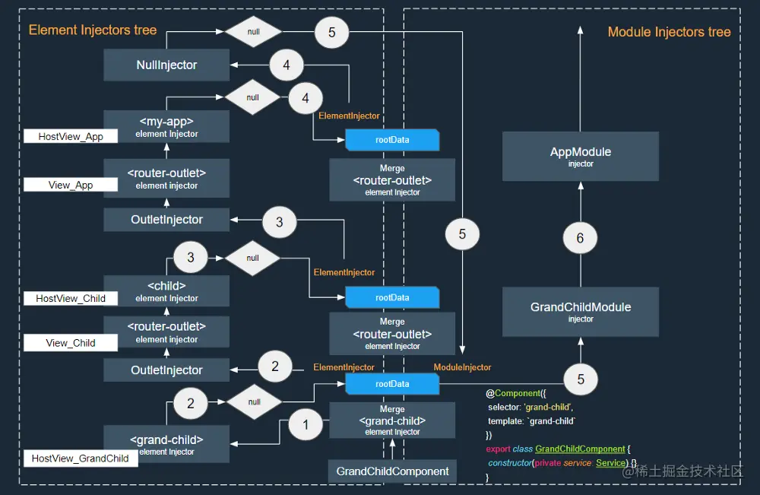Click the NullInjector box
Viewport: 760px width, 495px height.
point(166,65)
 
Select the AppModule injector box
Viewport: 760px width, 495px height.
point(581,156)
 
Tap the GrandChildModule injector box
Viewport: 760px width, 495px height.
point(581,311)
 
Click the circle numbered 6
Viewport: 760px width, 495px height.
point(581,238)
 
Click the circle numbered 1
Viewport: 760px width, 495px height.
point(306,425)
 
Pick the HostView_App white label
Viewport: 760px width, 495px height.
point(71,137)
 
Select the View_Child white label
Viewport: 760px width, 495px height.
point(71,343)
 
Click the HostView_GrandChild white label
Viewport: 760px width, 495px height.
point(80,459)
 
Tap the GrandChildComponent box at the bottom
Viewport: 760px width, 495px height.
point(393,471)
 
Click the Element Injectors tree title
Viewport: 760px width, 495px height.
point(93,30)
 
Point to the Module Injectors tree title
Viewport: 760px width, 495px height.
point(669,32)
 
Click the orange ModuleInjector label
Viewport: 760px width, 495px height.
point(462,367)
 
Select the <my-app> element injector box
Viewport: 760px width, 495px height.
point(166,126)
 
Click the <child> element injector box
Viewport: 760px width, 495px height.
point(166,291)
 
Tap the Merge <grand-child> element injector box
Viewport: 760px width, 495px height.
point(392,420)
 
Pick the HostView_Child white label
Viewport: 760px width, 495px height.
point(71,299)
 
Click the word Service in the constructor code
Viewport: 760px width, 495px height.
point(610,463)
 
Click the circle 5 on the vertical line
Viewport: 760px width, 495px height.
point(462,235)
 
